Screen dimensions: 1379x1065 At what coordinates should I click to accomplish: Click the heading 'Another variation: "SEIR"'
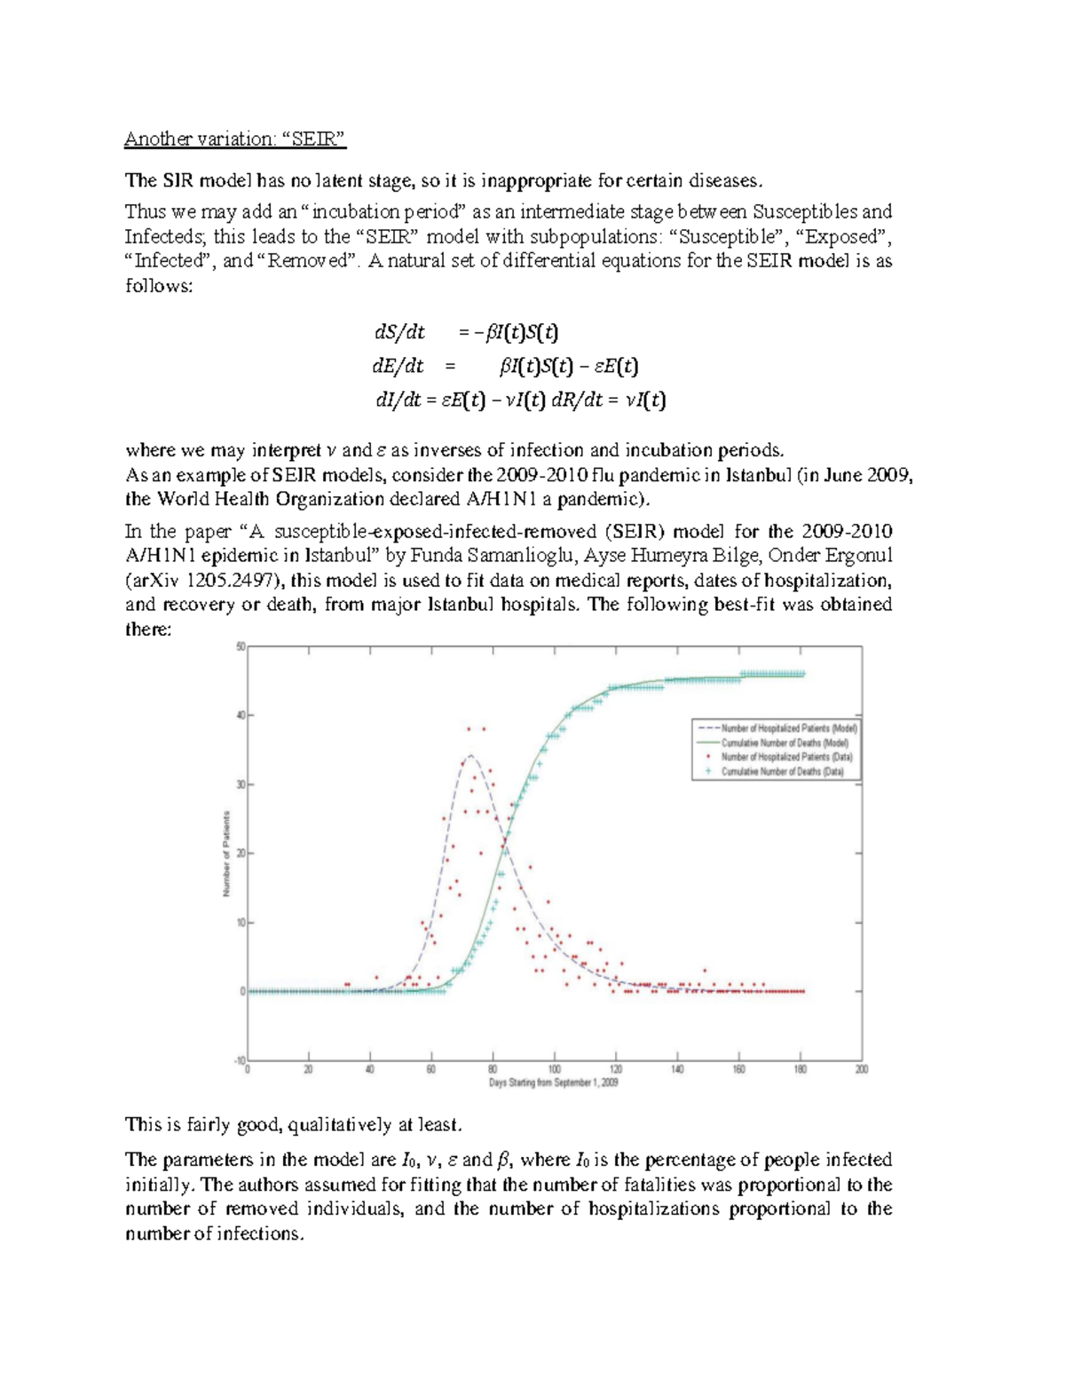coord(234,139)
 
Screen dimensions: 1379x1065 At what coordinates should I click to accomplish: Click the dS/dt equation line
coord(466,333)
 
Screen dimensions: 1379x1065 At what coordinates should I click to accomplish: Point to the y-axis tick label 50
coord(240,647)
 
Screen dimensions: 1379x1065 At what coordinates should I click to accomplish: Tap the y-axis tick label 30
coord(240,785)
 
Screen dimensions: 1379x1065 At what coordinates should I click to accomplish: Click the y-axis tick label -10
coord(239,1060)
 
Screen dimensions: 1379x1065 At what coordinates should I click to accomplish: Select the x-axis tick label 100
coord(554,1070)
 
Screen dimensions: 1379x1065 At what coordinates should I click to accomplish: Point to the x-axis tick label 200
coord(861,1070)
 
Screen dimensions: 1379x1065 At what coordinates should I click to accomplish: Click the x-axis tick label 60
coord(431,1070)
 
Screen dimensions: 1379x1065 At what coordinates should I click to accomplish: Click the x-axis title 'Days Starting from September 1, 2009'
coord(554,1082)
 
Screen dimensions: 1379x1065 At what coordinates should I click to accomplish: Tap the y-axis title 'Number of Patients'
coord(226,853)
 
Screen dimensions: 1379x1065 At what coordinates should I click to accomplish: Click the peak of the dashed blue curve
coord(469,756)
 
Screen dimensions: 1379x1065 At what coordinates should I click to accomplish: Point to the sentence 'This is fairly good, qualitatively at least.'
coord(294,1125)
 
